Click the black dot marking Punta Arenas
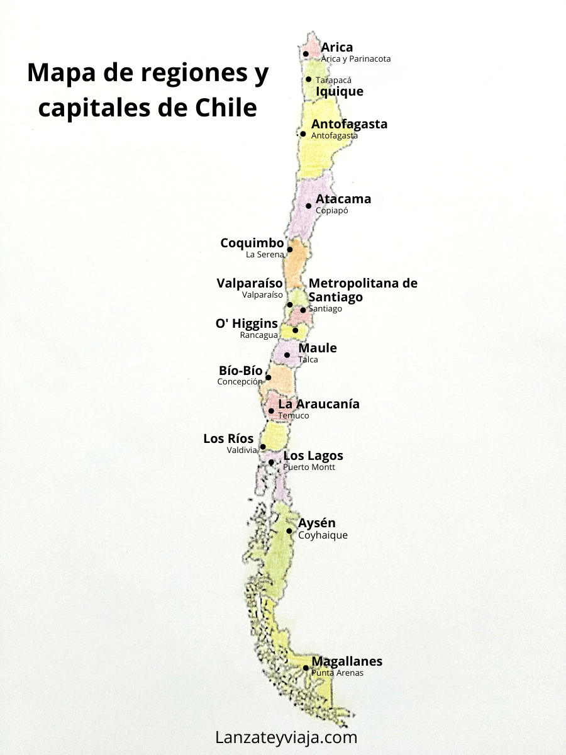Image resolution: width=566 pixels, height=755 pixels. click(x=306, y=668)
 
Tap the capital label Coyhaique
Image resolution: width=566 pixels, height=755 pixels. click(x=323, y=535)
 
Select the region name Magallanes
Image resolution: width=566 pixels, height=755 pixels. click(x=347, y=661)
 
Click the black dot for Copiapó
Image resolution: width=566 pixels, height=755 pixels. click(x=309, y=206)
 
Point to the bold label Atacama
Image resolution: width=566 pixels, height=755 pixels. click(x=343, y=199)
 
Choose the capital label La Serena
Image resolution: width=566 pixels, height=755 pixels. click(x=265, y=255)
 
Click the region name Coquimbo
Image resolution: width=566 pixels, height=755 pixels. click(x=252, y=243)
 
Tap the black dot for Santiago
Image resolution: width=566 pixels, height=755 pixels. click(x=302, y=310)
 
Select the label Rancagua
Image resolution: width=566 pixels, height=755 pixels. click(x=258, y=335)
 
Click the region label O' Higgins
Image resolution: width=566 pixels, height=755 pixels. click(x=247, y=323)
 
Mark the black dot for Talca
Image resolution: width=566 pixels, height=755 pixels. click(x=287, y=355)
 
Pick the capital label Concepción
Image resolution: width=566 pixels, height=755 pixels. click(x=240, y=382)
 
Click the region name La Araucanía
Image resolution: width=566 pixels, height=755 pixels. click(x=319, y=404)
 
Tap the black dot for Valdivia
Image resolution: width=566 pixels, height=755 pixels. click(x=263, y=447)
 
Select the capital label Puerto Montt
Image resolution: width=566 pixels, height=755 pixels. click(x=309, y=467)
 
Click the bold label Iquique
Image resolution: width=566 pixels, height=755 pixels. click(x=340, y=91)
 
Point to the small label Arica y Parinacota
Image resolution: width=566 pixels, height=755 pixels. click(x=356, y=59)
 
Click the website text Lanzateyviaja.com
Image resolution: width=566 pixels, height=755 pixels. click(x=286, y=737)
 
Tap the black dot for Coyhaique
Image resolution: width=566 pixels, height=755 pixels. click(x=289, y=531)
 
